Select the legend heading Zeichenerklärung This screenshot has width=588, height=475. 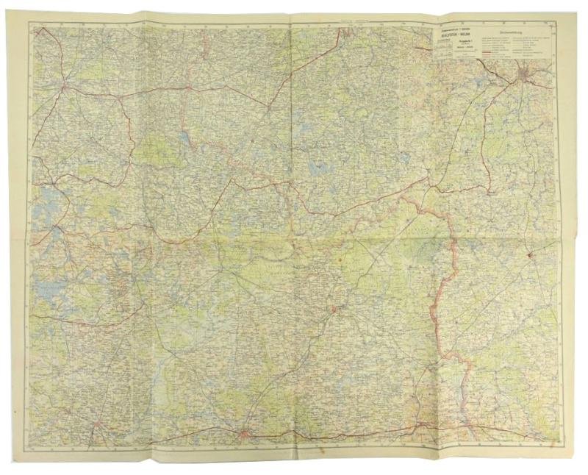[517, 32]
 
